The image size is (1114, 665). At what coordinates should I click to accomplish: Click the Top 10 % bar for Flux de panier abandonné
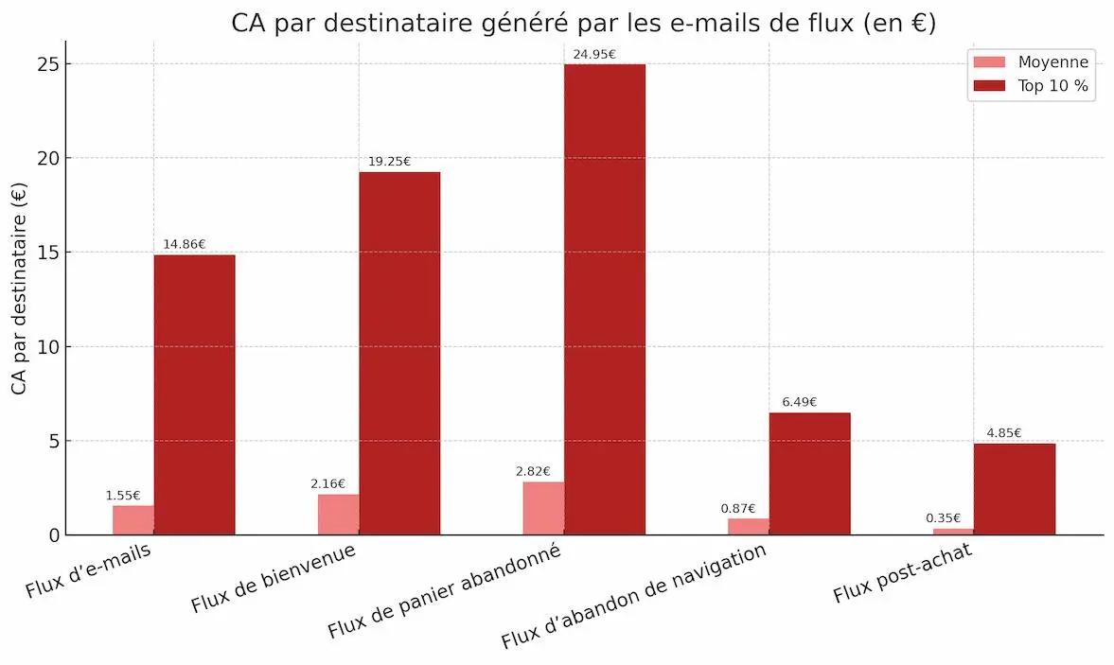[604, 299]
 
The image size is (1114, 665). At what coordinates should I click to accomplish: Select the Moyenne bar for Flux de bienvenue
[338, 514]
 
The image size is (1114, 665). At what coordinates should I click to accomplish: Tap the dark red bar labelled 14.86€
[194, 394]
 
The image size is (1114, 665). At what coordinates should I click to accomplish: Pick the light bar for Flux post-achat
[952, 532]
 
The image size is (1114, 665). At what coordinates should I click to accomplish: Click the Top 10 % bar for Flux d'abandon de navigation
[809, 473]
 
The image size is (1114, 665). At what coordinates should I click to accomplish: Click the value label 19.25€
[389, 162]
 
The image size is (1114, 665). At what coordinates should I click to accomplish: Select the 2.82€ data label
[533, 471]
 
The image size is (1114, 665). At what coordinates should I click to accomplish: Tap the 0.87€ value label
[737, 508]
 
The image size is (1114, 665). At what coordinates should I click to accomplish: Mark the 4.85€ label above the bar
[1004, 433]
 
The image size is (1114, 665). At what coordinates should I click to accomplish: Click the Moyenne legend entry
[1032, 62]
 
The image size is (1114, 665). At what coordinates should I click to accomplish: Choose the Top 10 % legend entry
[1032, 86]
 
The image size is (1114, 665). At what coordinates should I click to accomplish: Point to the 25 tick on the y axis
[49, 64]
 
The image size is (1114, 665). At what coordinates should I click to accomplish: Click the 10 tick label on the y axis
[49, 347]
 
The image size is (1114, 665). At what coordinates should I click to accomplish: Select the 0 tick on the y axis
[54, 535]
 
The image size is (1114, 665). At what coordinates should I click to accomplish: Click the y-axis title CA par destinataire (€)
[20, 289]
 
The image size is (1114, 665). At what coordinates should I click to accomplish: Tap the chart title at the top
[583, 23]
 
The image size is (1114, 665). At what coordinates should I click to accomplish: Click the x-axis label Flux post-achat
[902, 575]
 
